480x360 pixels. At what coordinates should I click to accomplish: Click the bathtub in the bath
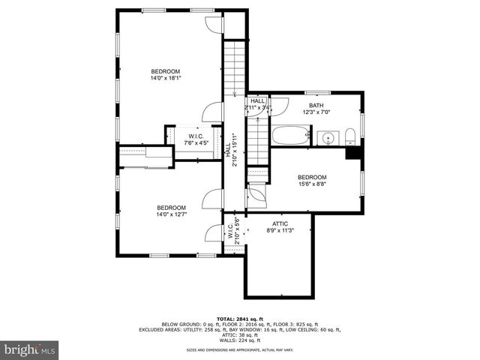click(x=289, y=136)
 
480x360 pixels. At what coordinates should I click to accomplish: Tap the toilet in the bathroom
click(x=350, y=136)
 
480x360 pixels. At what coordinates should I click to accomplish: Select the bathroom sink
click(x=327, y=138)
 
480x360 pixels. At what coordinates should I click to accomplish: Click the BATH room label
click(x=316, y=105)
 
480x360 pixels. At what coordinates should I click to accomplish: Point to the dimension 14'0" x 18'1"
click(x=166, y=76)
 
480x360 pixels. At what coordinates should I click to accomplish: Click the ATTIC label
click(x=280, y=223)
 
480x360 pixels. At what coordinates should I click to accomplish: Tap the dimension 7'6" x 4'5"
click(x=196, y=142)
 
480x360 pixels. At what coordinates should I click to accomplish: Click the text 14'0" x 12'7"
click(x=171, y=214)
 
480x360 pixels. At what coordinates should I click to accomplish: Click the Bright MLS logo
click(x=29, y=349)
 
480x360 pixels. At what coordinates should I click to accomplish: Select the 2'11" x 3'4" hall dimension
click(x=258, y=108)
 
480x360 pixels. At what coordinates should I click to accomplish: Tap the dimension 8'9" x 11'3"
click(x=280, y=230)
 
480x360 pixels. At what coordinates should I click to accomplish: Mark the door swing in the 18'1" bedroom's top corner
click(x=214, y=23)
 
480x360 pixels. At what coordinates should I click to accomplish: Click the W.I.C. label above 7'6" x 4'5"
click(x=196, y=136)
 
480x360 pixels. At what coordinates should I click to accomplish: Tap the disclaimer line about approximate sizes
click(x=240, y=350)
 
